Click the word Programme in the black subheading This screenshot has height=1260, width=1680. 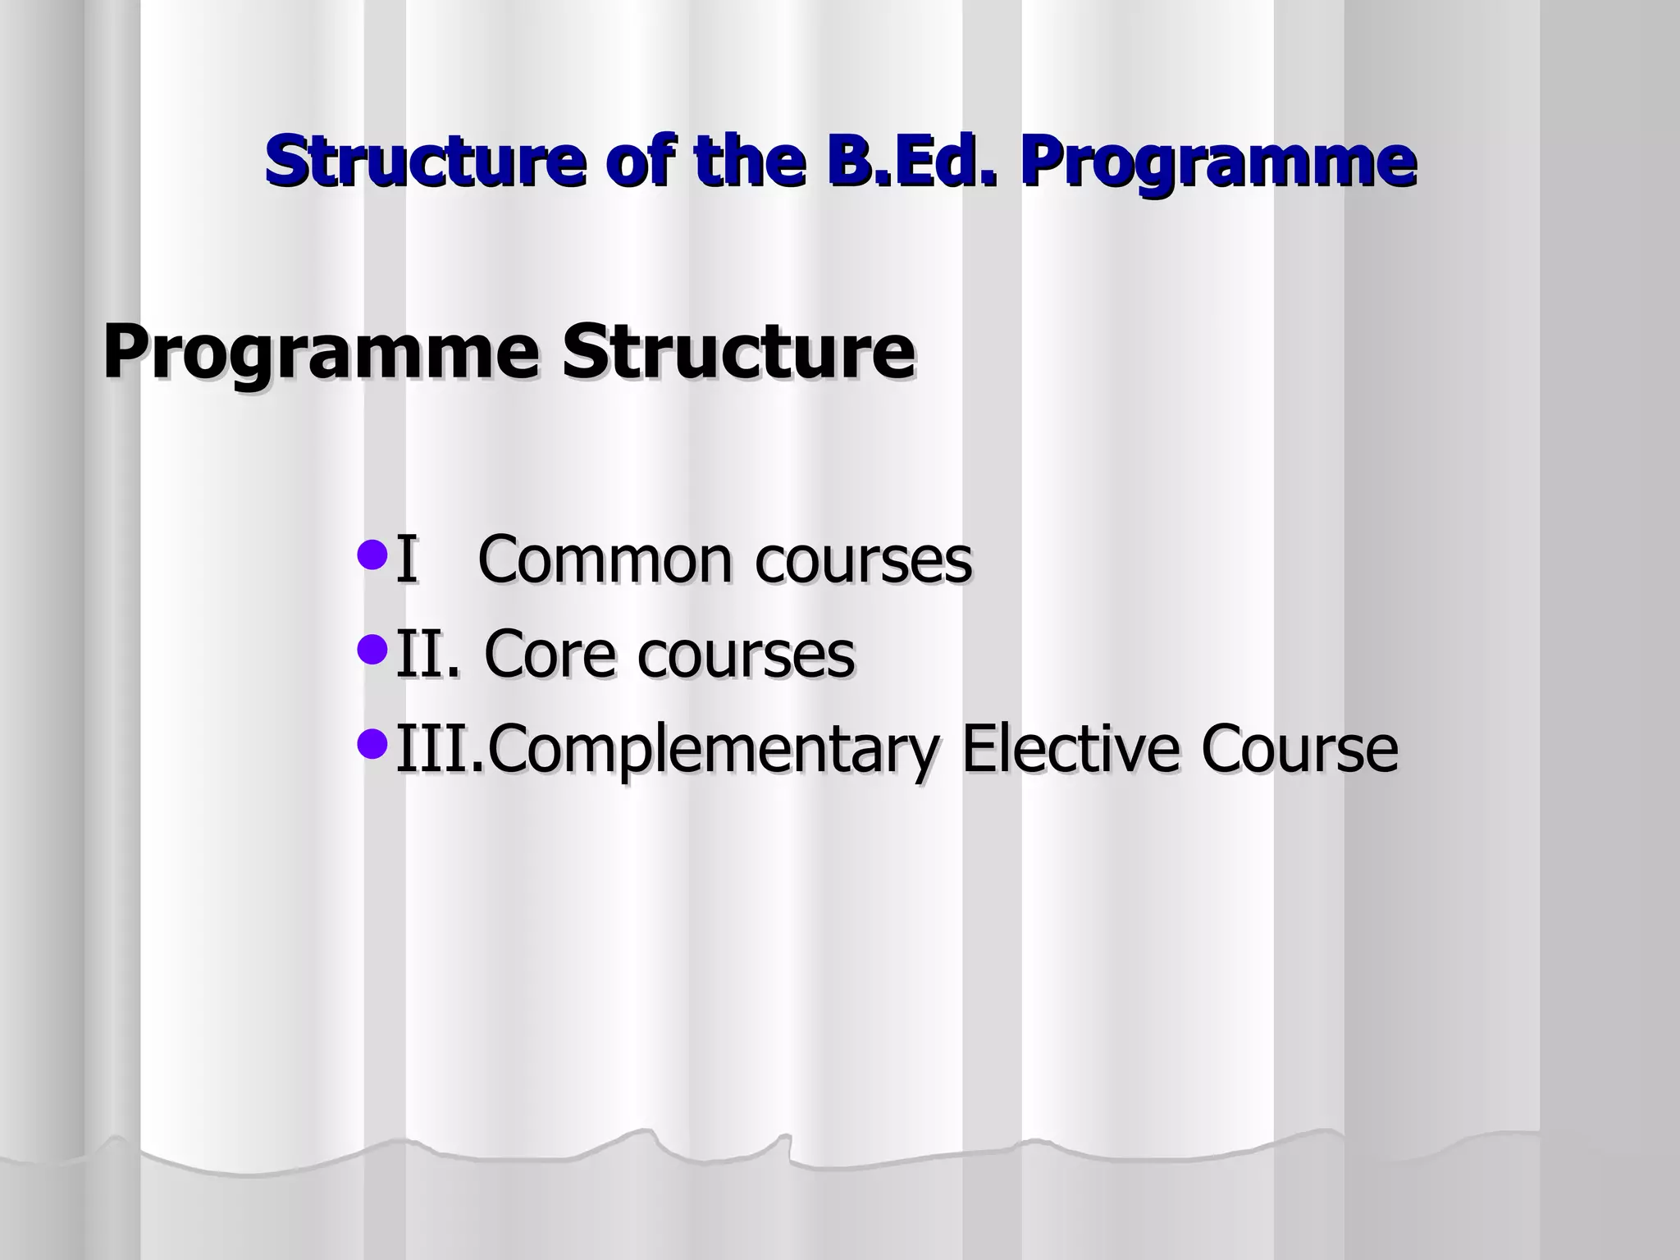pos(321,353)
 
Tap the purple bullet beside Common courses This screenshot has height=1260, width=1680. pos(372,555)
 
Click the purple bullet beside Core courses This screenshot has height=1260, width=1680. pos(372,650)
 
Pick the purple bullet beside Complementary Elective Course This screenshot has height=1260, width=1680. pos(372,744)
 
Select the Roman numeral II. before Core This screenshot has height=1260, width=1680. pos(427,654)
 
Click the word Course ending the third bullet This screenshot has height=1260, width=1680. pos(1299,748)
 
